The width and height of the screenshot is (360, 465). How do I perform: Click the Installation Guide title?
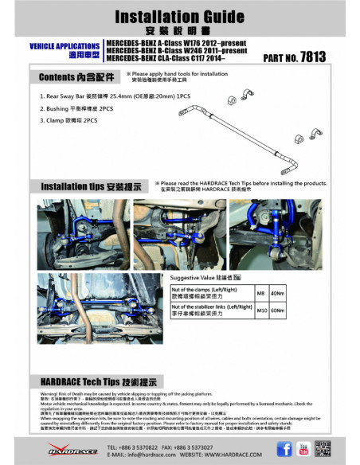tap(180, 16)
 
